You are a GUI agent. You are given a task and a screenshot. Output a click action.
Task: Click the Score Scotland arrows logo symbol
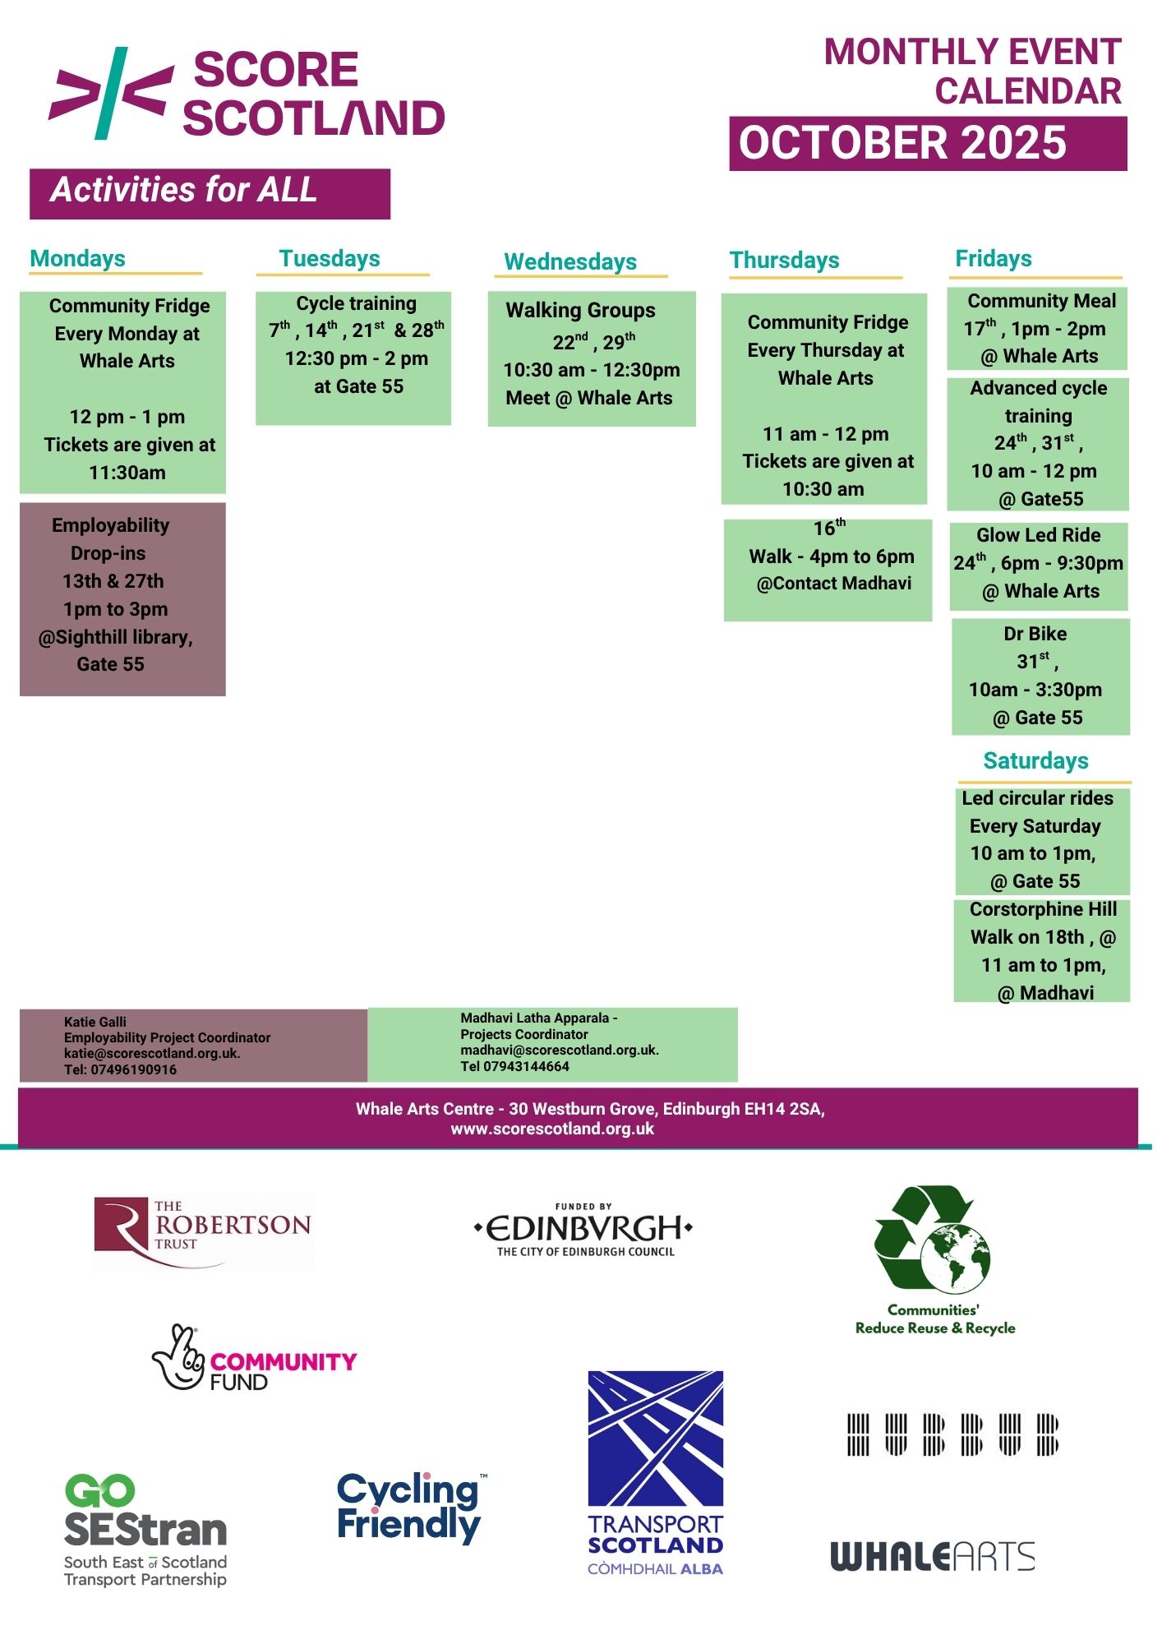(x=111, y=92)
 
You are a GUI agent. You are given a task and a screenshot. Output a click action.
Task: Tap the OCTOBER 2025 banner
(x=927, y=144)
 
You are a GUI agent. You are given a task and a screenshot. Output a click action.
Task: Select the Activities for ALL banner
(x=210, y=193)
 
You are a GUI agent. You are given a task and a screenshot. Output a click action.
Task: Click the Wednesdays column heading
(x=570, y=261)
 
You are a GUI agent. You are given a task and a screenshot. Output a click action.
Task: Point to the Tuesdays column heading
(x=330, y=259)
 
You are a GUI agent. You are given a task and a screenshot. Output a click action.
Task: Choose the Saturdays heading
(x=1035, y=761)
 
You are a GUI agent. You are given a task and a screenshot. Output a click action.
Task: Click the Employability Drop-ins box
(x=122, y=598)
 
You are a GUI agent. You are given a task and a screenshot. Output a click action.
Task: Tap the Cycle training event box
(x=353, y=358)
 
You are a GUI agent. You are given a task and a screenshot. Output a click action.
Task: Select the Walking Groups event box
(x=592, y=358)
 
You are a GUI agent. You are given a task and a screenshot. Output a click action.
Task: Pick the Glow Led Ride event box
(x=1039, y=566)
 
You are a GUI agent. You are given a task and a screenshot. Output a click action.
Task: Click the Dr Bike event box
(x=1040, y=677)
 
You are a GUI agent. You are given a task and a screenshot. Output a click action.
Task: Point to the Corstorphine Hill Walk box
(x=1042, y=951)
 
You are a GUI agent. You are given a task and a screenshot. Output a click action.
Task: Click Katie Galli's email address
(x=152, y=1053)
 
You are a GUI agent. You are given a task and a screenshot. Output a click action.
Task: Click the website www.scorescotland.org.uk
(x=552, y=1129)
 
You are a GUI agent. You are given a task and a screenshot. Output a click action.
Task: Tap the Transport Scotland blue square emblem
(x=655, y=1438)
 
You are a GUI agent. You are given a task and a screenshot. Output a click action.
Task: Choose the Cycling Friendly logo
(x=409, y=1507)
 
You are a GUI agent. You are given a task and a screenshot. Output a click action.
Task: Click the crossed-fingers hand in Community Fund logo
(x=178, y=1357)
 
